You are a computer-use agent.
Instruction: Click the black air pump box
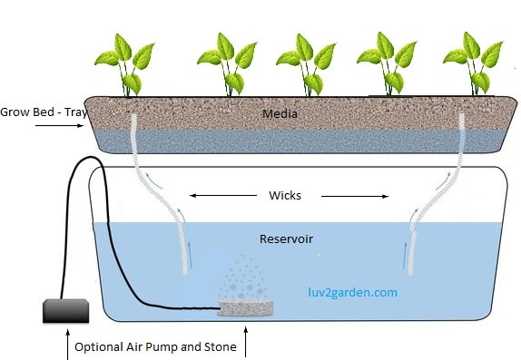[x=67, y=311]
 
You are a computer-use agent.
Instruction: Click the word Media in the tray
[x=280, y=114]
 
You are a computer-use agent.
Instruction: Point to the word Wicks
[x=285, y=195]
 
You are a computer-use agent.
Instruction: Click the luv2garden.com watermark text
[x=350, y=293]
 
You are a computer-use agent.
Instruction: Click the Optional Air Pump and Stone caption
[x=155, y=346]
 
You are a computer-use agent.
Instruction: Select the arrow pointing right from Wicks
[x=353, y=194]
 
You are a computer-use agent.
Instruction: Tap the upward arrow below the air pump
[x=68, y=345]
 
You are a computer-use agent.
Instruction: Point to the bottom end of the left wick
[x=187, y=269]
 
